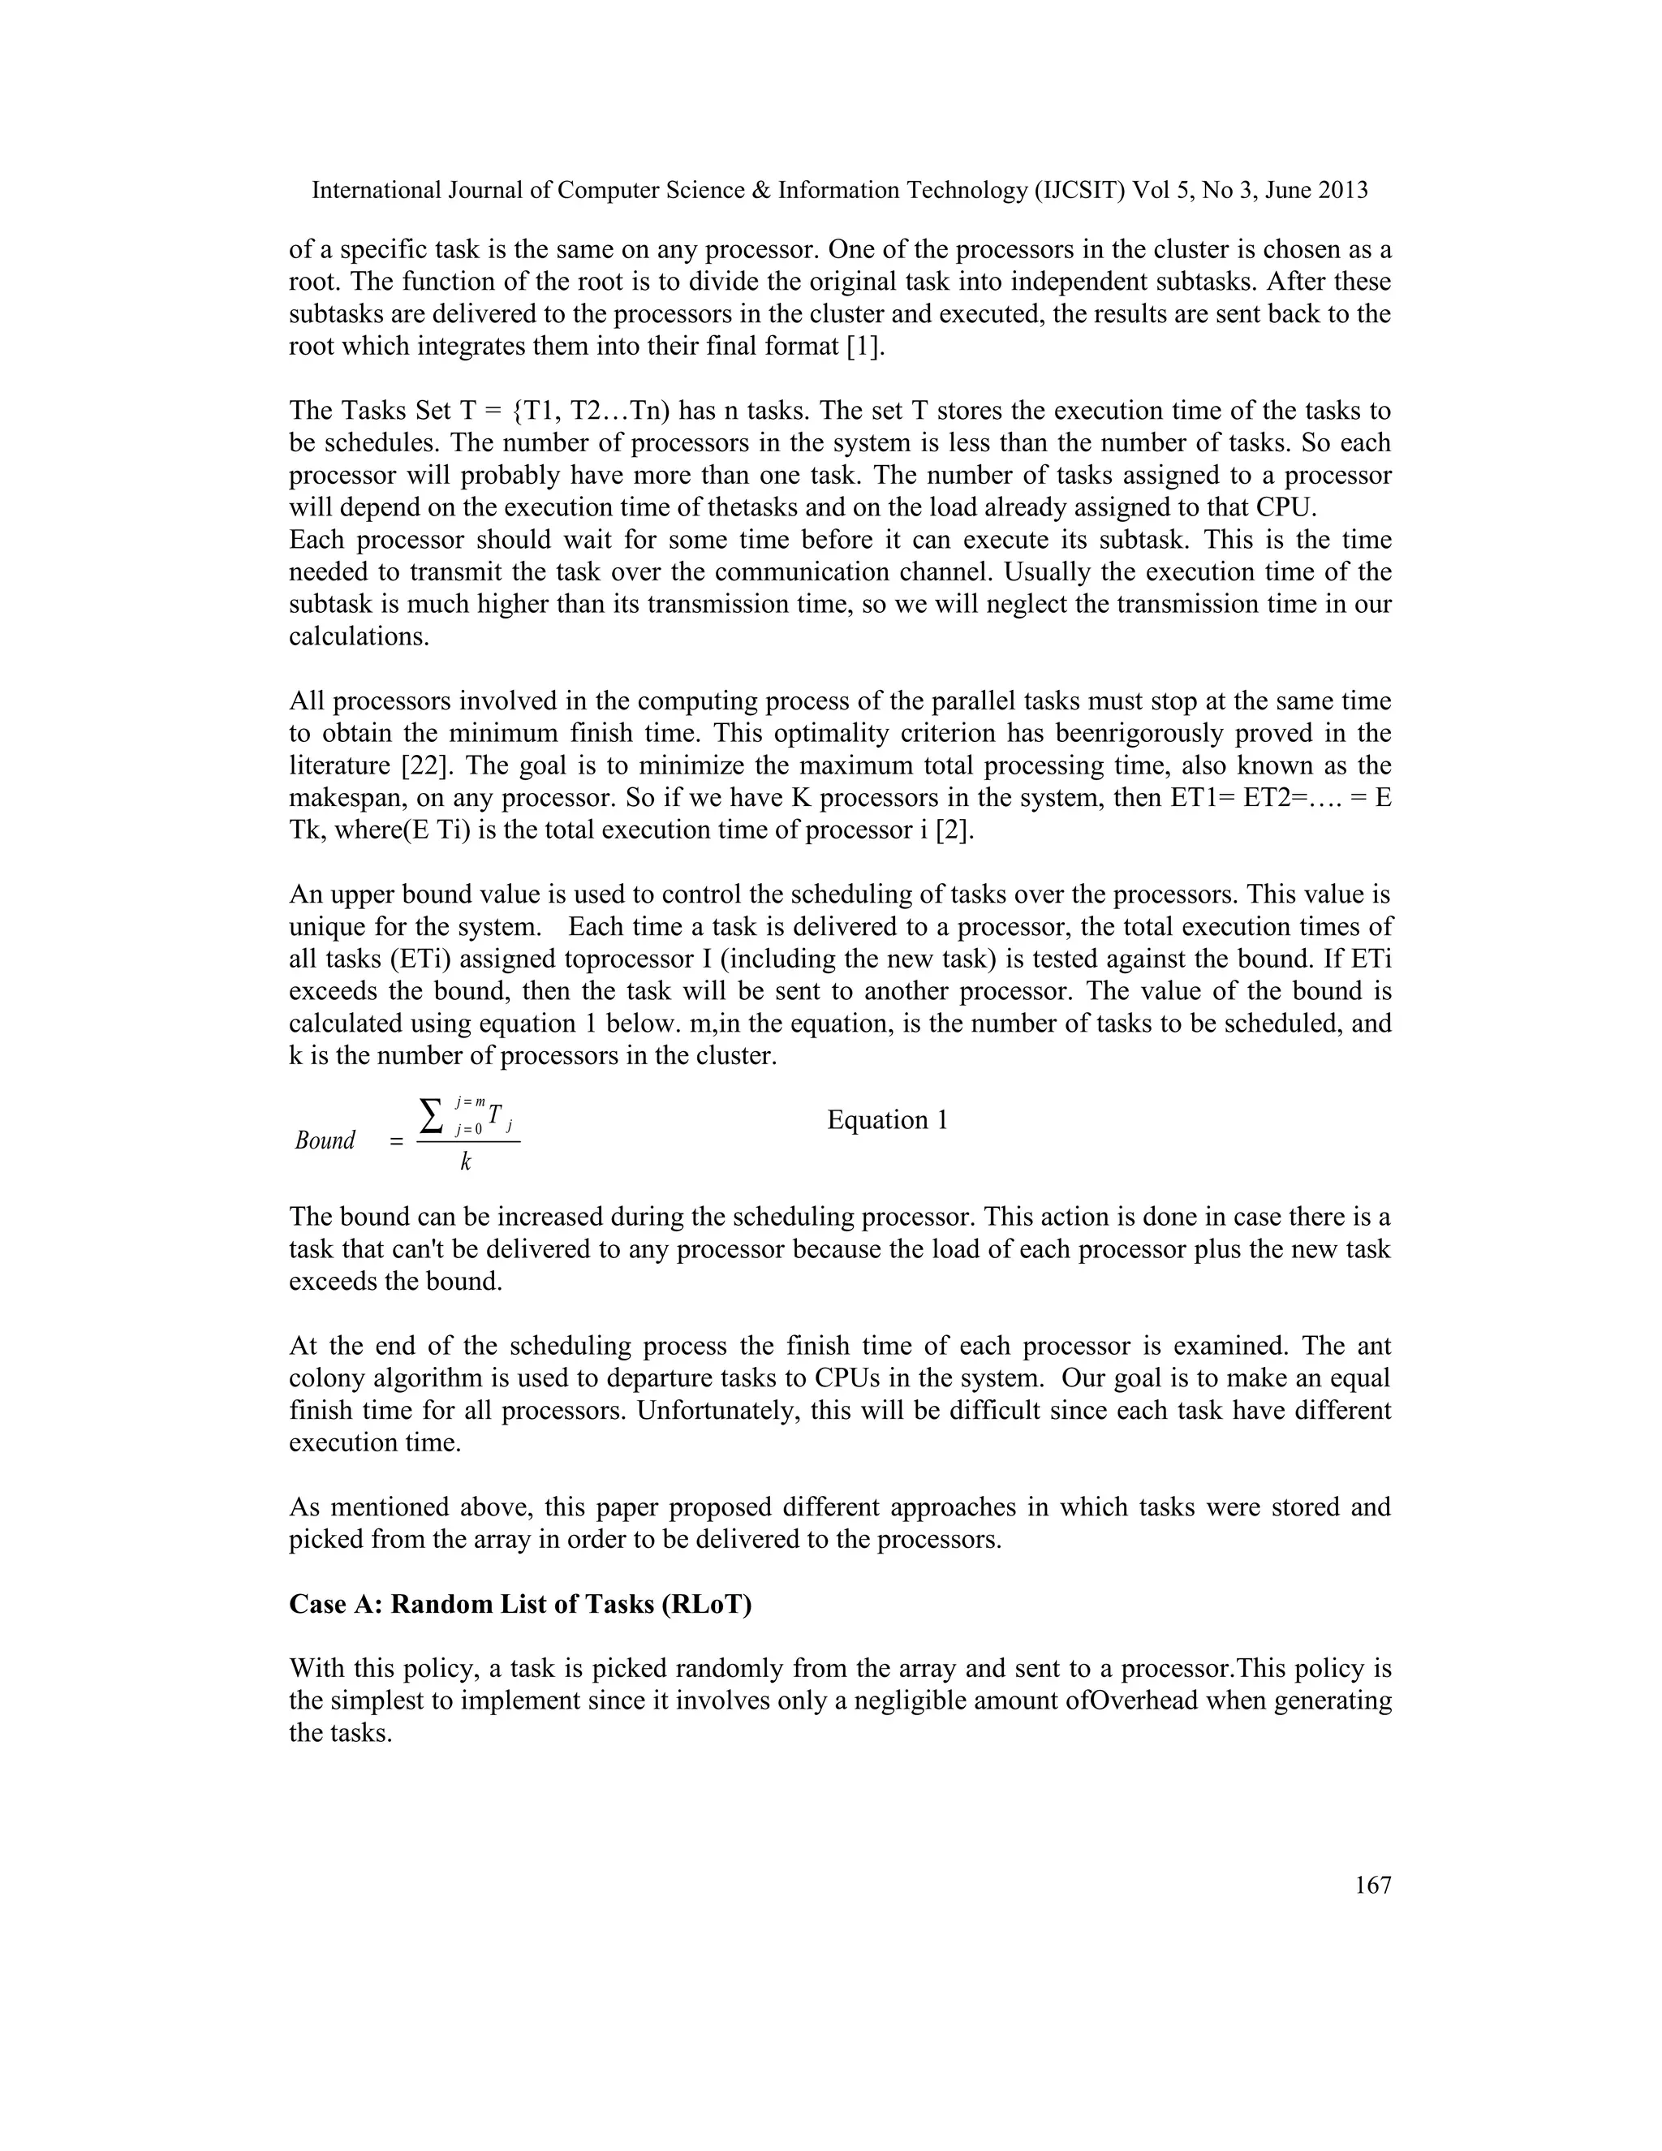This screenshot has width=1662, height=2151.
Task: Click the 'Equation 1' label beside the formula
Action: (x=887, y=1120)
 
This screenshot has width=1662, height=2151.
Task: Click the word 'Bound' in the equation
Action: (x=325, y=1140)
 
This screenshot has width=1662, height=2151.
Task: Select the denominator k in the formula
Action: (x=466, y=1163)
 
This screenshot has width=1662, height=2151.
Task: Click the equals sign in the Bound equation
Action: (x=396, y=1143)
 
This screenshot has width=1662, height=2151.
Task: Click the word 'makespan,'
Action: (x=347, y=798)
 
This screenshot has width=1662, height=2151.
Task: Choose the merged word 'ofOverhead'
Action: (x=1122, y=1701)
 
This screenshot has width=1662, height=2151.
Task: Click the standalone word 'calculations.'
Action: (x=360, y=636)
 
